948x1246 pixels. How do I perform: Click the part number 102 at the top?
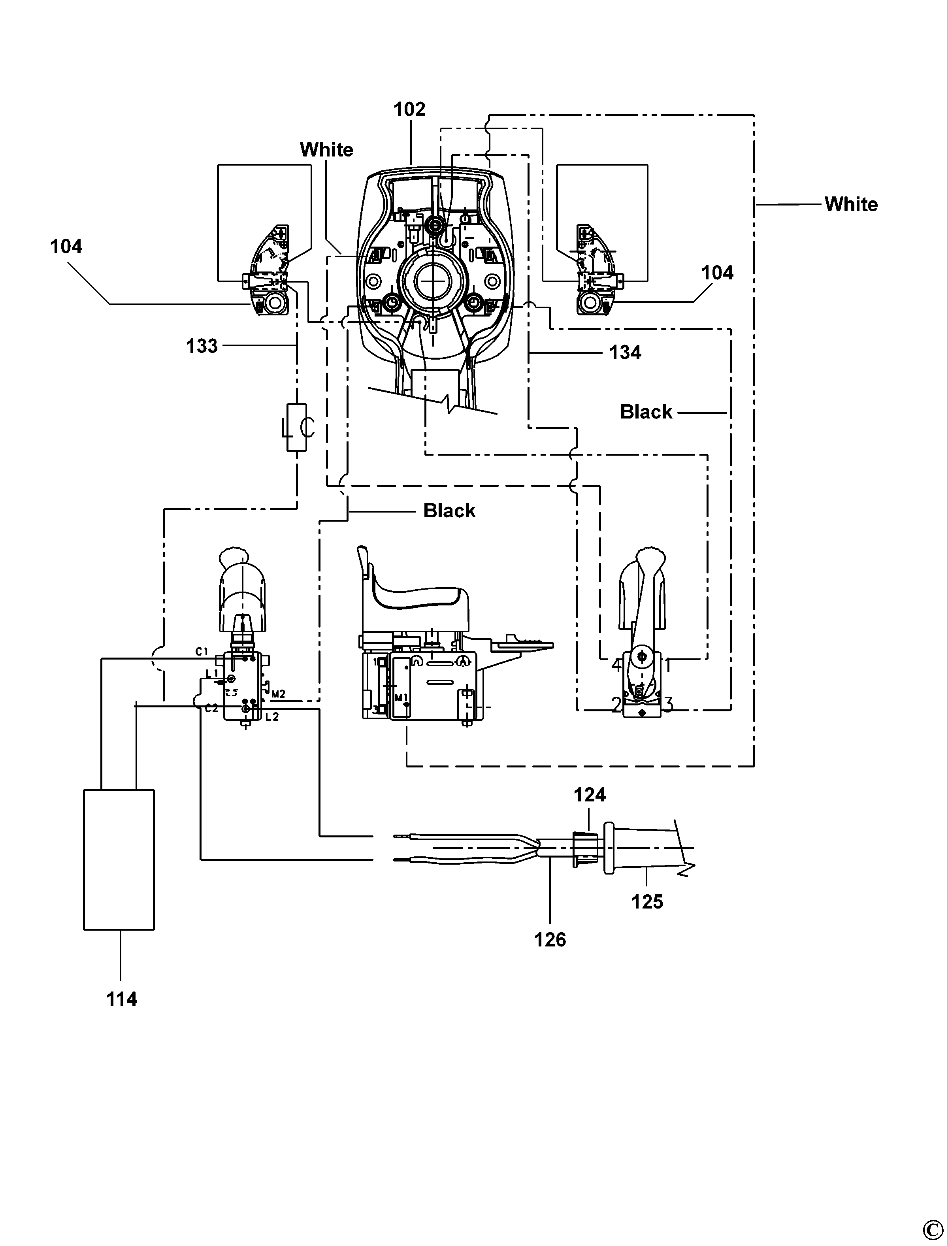pyautogui.click(x=409, y=109)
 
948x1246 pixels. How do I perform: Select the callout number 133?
pyautogui.click(x=202, y=346)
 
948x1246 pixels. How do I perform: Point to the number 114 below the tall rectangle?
pyautogui.click(x=121, y=999)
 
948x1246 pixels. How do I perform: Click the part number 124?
pyautogui.click(x=590, y=795)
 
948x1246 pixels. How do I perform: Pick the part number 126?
pyautogui.click(x=550, y=940)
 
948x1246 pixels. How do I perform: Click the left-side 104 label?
pyautogui.click(x=66, y=247)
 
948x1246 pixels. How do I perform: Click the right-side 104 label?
pyautogui.click(x=717, y=273)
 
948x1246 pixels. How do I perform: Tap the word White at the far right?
pyautogui.click(x=851, y=204)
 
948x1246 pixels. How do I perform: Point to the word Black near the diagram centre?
pyautogui.click(x=449, y=511)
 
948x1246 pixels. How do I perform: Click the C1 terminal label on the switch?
pyautogui.click(x=202, y=652)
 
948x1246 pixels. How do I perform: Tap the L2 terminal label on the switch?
pyautogui.click(x=272, y=717)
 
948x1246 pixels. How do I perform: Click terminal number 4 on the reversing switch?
pyautogui.click(x=616, y=666)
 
